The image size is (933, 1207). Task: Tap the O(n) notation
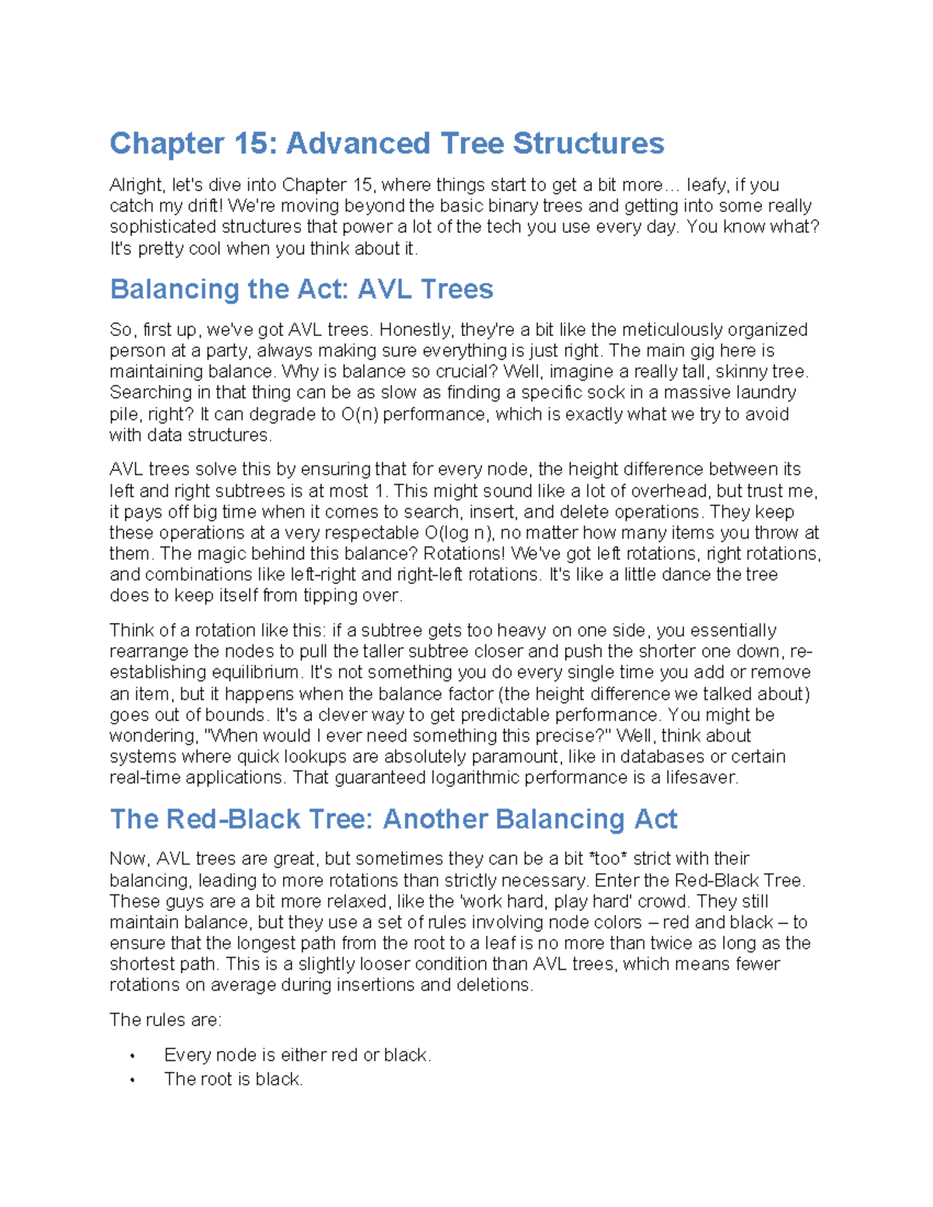point(359,414)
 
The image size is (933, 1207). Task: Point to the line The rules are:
point(165,1020)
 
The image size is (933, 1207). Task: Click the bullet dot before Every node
point(133,1056)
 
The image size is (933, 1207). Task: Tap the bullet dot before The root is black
point(133,1080)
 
